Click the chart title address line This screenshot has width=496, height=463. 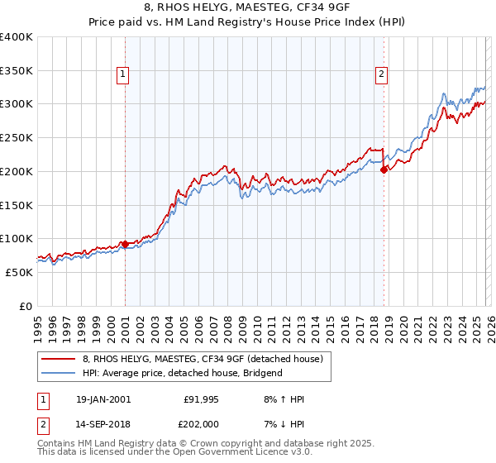pyautogui.click(x=248, y=9)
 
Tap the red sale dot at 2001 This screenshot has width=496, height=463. pyautogui.click(x=125, y=244)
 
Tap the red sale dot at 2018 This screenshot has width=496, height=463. pyautogui.click(x=384, y=169)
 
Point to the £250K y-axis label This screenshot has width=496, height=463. pyautogui.click(x=17, y=137)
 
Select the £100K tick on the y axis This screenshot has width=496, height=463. pyautogui.click(x=17, y=238)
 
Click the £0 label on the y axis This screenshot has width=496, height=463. pyautogui.click(x=26, y=306)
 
